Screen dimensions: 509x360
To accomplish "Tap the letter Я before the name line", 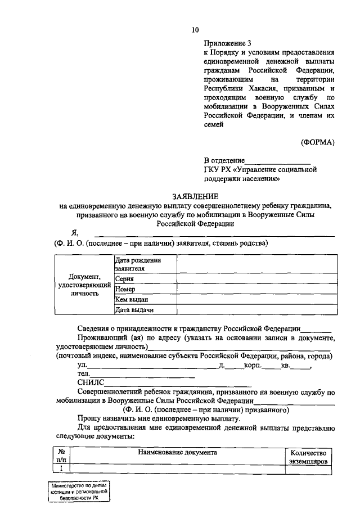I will coord(74,232).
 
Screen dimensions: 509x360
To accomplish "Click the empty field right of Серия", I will coord(257,278).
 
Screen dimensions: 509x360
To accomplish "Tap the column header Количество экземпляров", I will coord(308,457).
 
